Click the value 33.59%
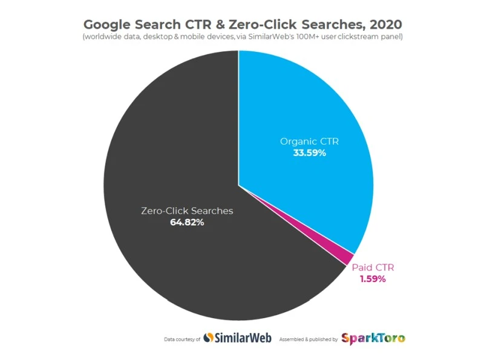pyautogui.click(x=309, y=153)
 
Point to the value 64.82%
pyautogui.click(x=187, y=223)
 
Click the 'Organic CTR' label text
pyautogui.click(x=309, y=142)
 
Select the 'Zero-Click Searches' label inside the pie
pyautogui.click(x=187, y=211)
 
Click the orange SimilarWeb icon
pyautogui.click(x=208, y=338)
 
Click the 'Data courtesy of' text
pyautogui.click(x=182, y=339)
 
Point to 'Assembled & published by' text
pyautogui.click(x=308, y=339)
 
